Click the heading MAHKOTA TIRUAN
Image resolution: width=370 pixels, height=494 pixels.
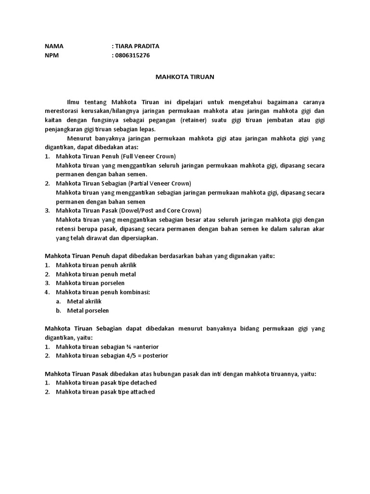185,77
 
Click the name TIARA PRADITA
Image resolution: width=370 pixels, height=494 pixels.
136,46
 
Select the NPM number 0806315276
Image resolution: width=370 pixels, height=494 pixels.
132,55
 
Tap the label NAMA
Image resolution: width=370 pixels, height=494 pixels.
54,46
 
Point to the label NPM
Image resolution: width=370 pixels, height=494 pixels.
52,55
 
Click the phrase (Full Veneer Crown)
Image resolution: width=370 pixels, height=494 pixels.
148,157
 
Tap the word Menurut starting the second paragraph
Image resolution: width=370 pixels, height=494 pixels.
79,138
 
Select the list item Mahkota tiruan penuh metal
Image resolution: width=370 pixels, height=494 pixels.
96,274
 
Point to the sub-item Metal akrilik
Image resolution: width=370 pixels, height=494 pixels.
84,301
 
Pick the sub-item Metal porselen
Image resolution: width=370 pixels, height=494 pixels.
88,310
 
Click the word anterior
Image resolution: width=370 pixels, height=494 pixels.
144,346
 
